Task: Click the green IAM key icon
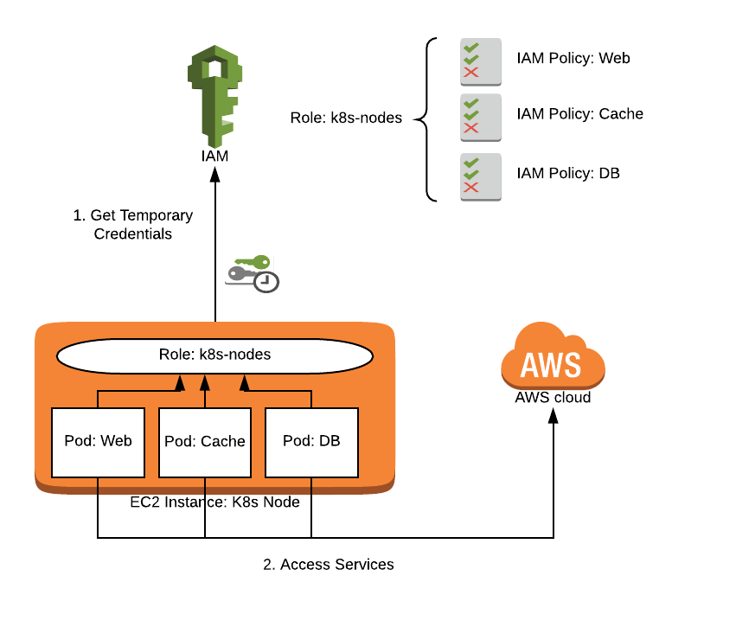coord(214,95)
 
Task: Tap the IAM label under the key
coord(214,157)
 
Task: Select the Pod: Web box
coord(98,441)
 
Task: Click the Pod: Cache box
coord(205,441)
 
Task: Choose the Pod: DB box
coord(311,441)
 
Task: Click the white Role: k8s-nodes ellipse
coord(214,355)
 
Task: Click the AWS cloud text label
coord(553,398)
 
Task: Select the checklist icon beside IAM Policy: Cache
coord(481,118)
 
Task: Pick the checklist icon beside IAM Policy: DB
coord(481,176)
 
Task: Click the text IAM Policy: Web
coord(573,59)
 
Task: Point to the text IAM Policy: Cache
coord(579,113)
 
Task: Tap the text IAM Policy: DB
coord(567,173)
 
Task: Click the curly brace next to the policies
coord(425,118)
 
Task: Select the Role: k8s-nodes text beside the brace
coord(346,118)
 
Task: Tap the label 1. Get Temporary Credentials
coord(133,225)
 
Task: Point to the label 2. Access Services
coord(329,565)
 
